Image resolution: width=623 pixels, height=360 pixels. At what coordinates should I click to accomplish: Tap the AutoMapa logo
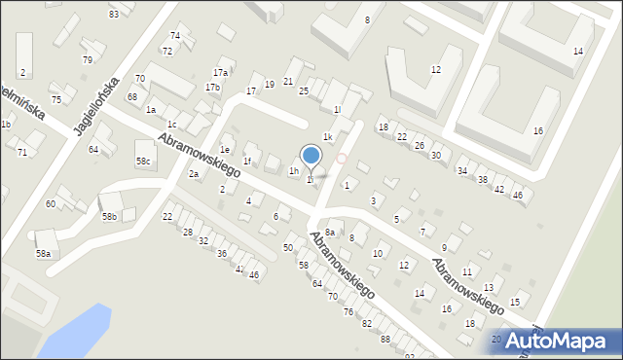click(566, 341)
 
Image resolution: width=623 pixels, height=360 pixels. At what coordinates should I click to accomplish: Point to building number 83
click(114, 15)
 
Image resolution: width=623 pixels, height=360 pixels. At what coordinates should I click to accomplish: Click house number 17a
click(221, 73)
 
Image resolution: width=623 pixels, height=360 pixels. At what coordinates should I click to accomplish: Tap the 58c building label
click(144, 161)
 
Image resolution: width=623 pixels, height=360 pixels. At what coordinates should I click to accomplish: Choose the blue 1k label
click(329, 137)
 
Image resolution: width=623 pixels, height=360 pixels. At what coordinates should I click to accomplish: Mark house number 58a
click(43, 253)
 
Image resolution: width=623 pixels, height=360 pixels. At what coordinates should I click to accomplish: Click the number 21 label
click(288, 81)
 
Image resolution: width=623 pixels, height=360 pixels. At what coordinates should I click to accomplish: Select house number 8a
click(330, 233)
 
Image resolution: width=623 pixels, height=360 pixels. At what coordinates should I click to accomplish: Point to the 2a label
click(194, 174)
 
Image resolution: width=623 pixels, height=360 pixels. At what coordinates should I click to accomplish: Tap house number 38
click(482, 180)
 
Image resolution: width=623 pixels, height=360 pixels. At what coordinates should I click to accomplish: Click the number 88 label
click(385, 339)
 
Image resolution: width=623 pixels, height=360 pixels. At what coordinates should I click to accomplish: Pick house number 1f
click(247, 162)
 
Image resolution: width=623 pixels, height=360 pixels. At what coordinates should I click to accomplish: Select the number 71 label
click(21, 153)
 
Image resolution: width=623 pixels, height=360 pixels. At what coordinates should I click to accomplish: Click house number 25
click(304, 91)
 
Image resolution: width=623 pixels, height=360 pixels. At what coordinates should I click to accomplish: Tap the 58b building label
click(109, 217)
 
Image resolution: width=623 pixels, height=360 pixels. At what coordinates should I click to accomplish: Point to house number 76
click(348, 311)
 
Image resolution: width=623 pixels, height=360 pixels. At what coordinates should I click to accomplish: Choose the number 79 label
click(88, 60)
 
